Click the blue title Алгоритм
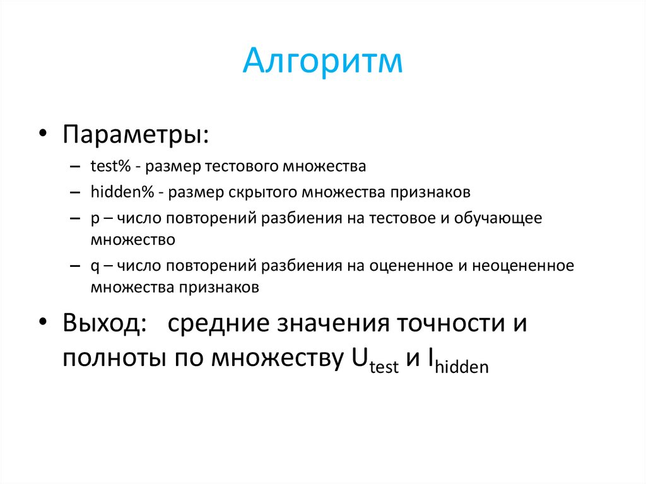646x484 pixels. [x=322, y=62]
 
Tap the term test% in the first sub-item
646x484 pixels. [x=110, y=167]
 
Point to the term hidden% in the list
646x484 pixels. [x=115, y=191]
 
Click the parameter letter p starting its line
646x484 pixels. [x=93, y=219]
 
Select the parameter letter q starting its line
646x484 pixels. [x=93, y=266]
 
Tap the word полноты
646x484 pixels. [x=106, y=358]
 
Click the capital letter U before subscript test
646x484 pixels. [x=359, y=358]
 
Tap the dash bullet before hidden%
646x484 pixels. [x=76, y=192]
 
